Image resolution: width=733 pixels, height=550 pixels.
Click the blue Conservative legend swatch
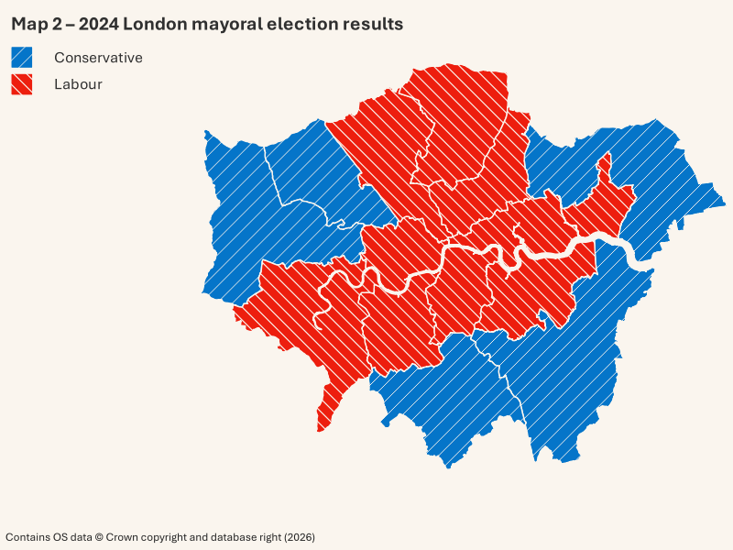click(22, 58)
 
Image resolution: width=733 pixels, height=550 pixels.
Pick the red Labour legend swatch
click(22, 84)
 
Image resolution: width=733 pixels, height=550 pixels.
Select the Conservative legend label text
click(98, 58)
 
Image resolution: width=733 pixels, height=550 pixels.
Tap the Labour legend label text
click(78, 84)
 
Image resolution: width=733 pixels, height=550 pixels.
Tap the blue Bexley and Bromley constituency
click(568, 367)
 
